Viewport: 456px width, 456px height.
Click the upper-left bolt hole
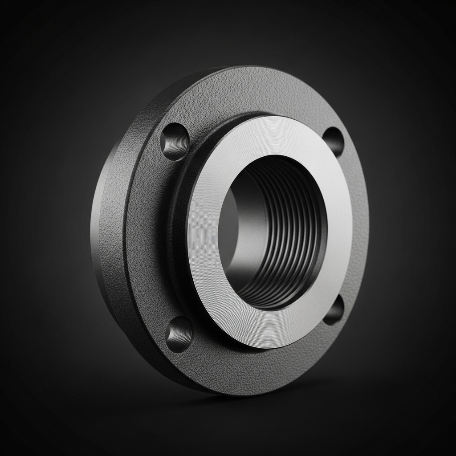pyautogui.click(x=175, y=142)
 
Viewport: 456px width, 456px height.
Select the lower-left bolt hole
pyautogui.click(x=179, y=334)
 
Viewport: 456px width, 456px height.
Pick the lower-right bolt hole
pyautogui.click(x=334, y=309)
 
